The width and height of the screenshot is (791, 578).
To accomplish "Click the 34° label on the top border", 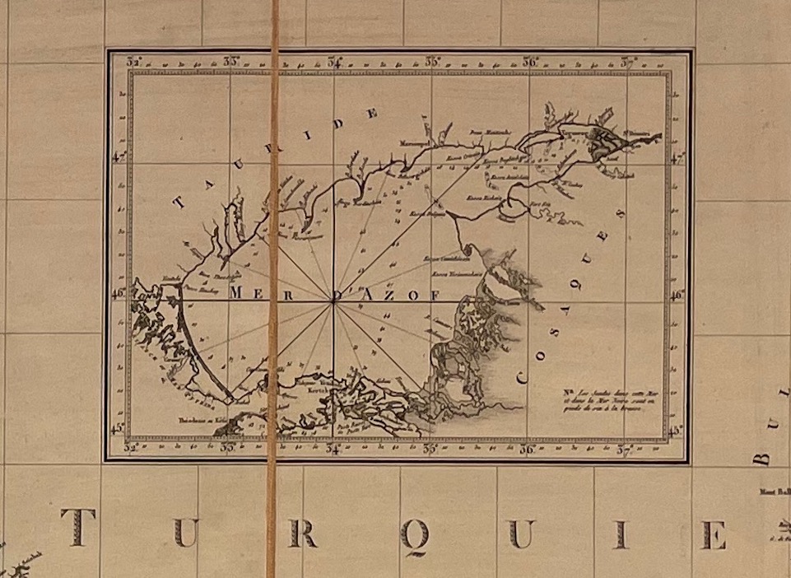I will [334, 61].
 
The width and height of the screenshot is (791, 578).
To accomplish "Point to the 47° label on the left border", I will [118, 156].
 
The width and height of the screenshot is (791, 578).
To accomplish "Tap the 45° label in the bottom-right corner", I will [677, 430].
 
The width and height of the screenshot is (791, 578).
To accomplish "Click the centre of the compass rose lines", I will [333, 302].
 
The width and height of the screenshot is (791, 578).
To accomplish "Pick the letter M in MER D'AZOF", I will [238, 292].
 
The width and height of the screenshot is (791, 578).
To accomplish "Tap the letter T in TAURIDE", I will [179, 202].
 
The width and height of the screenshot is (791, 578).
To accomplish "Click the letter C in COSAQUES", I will [522, 377].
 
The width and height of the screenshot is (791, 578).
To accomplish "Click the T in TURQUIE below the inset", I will [77, 528].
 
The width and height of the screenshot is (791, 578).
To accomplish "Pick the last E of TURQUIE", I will [713, 534].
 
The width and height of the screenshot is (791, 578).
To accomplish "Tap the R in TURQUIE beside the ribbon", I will [302, 534].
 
